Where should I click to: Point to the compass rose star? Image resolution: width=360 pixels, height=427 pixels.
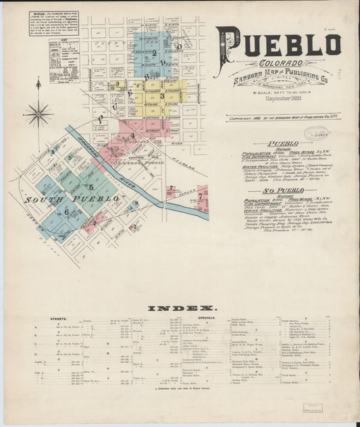click(x=38, y=113)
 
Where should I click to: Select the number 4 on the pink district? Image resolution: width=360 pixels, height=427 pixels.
click(x=133, y=136)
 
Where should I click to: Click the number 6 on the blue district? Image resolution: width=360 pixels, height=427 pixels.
click(x=67, y=211)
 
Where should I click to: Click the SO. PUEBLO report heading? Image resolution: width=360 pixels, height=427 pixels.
click(x=288, y=191)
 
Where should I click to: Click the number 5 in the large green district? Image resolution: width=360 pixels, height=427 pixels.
click(x=91, y=186)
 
